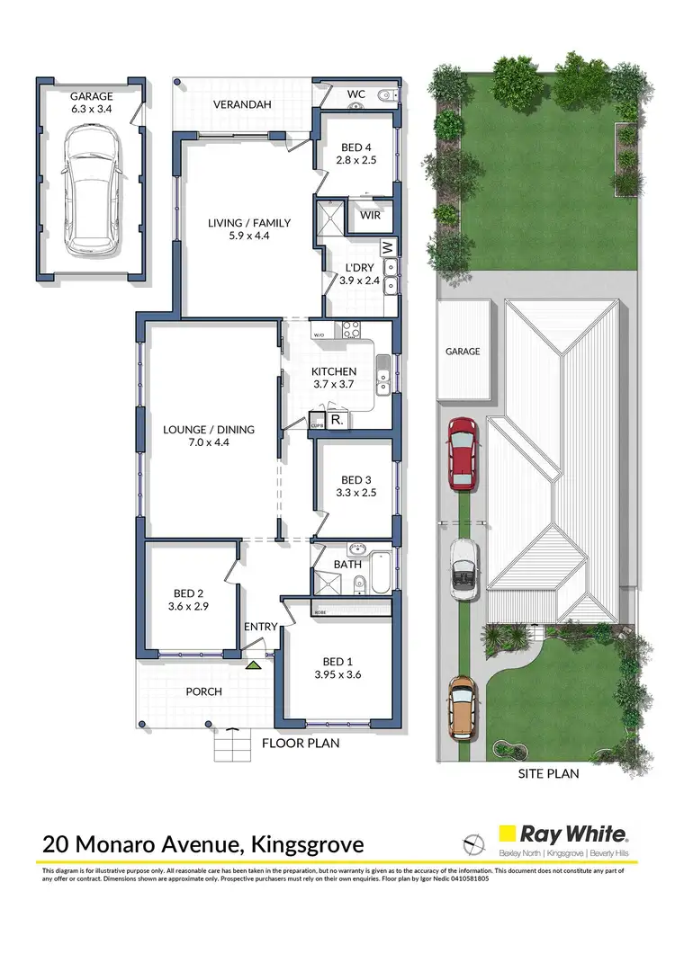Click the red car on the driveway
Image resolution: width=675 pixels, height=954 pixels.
coord(462,453)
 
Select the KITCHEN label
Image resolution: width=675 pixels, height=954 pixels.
coord(334,371)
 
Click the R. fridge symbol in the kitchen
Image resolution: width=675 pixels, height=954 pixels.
coord(335,420)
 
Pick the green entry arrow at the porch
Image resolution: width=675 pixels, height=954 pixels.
coord(255,664)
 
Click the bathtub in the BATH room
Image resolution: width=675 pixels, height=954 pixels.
coord(379,573)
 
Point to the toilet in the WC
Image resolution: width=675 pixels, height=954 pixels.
coord(385,95)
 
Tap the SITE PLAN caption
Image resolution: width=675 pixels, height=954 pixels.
coord(548,773)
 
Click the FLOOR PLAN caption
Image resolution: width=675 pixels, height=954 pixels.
coord(301,744)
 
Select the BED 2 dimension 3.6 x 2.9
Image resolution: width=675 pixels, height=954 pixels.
coord(187,607)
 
